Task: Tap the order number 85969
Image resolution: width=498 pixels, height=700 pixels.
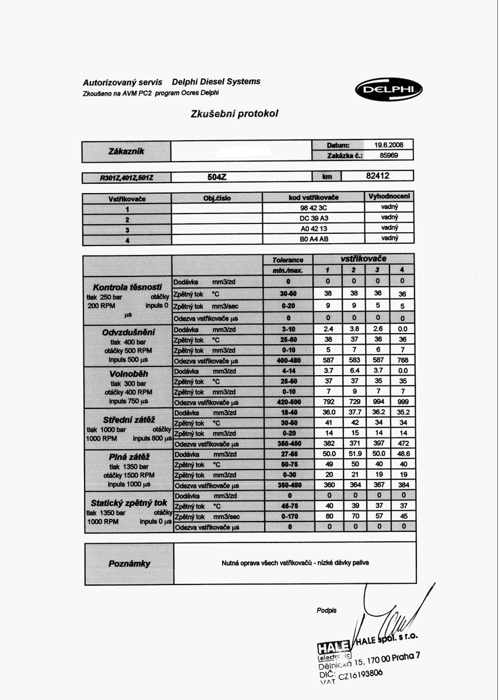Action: (388, 156)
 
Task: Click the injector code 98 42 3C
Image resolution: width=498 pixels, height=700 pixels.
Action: (314, 208)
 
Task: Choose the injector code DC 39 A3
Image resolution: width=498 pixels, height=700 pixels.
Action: (314, 218)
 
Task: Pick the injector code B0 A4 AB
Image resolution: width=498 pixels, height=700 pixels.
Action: (314, 238)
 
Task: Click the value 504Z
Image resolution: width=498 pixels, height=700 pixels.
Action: (216, 176)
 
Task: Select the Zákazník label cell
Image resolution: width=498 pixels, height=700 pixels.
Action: (126, 151)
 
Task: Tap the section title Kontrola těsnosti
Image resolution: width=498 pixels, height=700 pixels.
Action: (127, 287)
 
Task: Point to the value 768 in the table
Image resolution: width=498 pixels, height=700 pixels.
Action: (402, 360)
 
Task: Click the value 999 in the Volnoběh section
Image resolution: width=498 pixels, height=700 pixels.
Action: (402, 403)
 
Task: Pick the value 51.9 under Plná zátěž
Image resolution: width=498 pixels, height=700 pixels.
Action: (353, 454)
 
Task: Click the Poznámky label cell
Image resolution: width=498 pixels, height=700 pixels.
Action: (129, 563)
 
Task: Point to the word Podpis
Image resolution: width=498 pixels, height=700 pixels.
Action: (327, 611)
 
